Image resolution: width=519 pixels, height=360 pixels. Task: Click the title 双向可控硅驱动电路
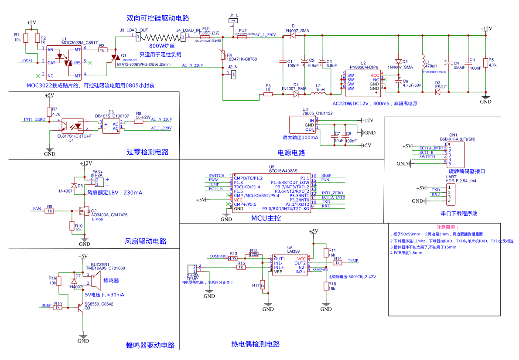click(x=157, y=18)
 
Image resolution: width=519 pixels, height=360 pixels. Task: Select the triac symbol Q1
click(x=116, y=58)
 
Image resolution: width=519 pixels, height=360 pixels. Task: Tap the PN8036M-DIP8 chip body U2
click(x=362, y=84)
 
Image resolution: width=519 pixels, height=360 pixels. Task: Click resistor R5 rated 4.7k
click(x=485, y=62)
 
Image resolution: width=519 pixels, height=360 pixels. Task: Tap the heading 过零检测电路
click(x=147, y=152)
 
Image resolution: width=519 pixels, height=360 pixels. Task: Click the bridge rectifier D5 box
click(x=111, y=126)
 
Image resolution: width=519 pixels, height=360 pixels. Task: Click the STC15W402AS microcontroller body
click(x=271, y=193)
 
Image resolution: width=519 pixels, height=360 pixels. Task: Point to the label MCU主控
click(x=266, y=218)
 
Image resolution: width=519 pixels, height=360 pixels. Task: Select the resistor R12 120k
click(x=254, y=255)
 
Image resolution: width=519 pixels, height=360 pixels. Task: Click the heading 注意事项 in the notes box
click(x=447, y=228)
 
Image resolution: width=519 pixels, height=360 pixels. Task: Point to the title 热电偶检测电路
click(x=255, y=344)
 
